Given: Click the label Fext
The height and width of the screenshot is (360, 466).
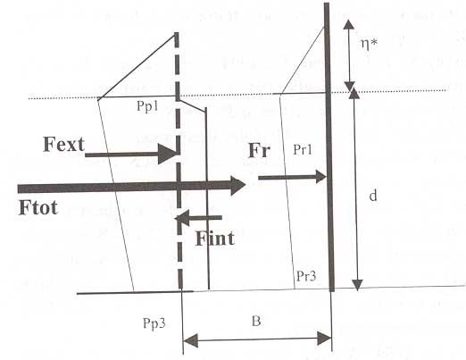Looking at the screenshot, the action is pos(63,145).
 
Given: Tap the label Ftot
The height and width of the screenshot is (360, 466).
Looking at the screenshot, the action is pos(37,207).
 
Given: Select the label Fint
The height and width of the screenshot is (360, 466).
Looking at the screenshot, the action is pos(215,239).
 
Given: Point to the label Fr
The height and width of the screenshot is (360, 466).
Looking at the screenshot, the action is pos(259,150).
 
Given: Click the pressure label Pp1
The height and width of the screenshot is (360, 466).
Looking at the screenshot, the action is pos(147,106).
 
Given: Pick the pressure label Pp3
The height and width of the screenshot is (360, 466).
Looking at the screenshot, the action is pos(154,323).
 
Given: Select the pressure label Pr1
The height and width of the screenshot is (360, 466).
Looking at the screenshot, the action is pos(303,149).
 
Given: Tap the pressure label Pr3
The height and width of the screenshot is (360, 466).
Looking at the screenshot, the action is pos(306,276).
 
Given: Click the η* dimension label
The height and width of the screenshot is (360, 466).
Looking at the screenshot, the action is pos(369,46).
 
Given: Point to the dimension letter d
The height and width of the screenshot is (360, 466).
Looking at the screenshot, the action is pos(373,196).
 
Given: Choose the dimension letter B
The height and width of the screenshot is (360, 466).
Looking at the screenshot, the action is pos(256,322).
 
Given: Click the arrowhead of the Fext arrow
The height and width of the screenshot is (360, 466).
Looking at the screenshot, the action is pos(168,154).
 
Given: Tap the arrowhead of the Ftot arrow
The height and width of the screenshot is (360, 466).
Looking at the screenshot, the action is pos(237,185).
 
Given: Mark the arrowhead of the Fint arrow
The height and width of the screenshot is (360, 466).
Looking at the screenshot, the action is pos(182,218).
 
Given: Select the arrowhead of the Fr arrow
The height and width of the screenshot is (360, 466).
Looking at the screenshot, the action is pos(320,177).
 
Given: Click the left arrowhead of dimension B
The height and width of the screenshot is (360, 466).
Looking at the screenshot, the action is pos(190,340).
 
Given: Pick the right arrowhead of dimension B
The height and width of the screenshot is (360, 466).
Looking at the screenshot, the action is pos(324,339).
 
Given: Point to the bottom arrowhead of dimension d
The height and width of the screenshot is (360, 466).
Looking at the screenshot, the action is pos(357,284).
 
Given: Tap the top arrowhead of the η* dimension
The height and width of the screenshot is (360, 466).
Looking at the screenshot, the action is pos(349,24).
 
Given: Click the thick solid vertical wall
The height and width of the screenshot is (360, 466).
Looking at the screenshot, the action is pos(329,147).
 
